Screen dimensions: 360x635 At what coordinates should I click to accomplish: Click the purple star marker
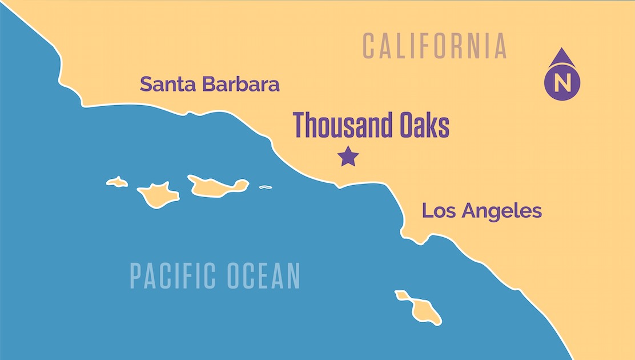348,156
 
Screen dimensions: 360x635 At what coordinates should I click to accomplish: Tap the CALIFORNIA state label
435,46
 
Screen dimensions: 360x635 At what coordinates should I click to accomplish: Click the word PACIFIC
174,275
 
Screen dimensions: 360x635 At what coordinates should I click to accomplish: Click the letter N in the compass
562,83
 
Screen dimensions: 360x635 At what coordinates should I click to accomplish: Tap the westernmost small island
117,182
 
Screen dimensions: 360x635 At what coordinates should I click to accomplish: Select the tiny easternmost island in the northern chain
265,187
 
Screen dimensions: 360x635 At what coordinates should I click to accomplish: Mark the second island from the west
158,194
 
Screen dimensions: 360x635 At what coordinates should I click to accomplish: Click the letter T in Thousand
300,125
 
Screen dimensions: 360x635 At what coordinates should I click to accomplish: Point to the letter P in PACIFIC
135,275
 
